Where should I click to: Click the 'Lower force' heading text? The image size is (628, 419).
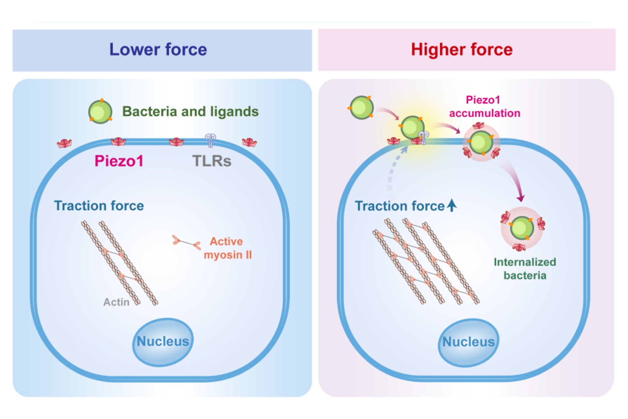pos(158,50)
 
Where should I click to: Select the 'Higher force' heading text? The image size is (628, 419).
pos(462,50)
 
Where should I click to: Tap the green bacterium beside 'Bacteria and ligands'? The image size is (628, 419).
pos(100,112)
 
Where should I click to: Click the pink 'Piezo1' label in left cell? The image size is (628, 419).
pos(119,161)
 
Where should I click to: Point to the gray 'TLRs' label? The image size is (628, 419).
pos(212,161)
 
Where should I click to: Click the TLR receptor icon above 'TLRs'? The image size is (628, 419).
pos(210,140)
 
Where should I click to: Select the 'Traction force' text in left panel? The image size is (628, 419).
pos(99,206)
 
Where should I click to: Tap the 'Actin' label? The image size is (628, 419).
pos(116,302)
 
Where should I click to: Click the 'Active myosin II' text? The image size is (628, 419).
pos(228,248)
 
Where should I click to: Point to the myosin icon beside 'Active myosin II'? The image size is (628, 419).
pos(186,243)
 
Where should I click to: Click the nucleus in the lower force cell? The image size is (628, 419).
pos(163,342)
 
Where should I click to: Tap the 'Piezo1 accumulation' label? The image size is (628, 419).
pos(484,107)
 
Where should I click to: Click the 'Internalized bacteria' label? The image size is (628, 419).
pos(525,269)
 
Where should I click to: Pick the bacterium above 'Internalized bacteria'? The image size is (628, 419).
pos(522,228)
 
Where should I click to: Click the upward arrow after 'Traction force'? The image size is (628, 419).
pos(452,205)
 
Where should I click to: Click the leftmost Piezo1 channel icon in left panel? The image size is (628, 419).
pos(64,143)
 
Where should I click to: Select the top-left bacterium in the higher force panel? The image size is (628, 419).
pos(361,107)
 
